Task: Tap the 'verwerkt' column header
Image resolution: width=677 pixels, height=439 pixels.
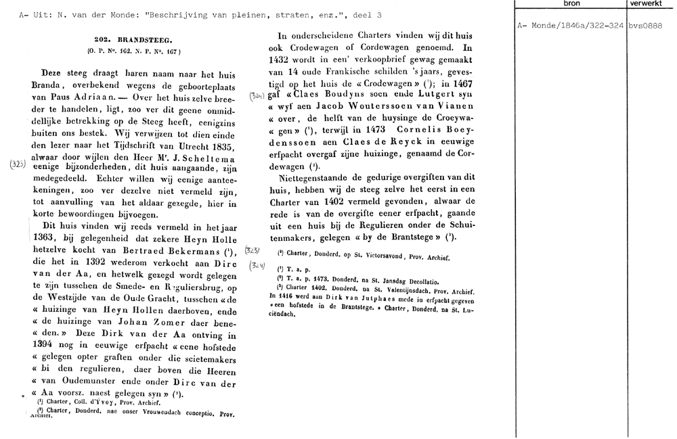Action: coord(650,4)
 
